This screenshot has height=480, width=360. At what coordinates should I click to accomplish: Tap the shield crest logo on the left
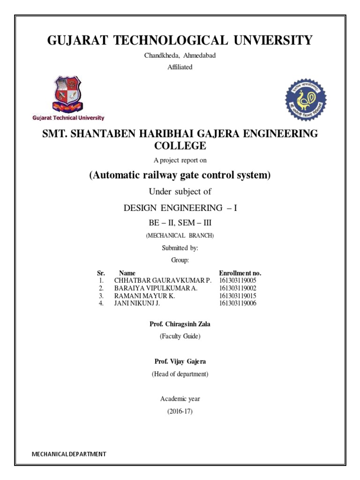coord(68,94)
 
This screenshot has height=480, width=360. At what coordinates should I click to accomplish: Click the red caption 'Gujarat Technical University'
coord(68,118)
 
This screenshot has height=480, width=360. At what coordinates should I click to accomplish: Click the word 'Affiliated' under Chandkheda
coord(180,67)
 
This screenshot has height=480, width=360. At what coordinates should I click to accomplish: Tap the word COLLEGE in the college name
coord(180,146)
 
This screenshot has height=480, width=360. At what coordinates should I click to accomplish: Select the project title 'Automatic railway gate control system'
coord(180,175)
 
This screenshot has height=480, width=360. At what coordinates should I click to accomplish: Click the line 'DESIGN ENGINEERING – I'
coord(180,208)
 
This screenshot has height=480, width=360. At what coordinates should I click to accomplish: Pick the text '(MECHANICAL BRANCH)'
coord(180,235)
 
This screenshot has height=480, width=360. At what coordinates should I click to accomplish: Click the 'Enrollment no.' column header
coord(240,273)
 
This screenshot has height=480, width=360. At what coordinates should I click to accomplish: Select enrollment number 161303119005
coord(238,280)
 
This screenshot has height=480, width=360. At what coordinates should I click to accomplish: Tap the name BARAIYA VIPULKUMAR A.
coord(156,288)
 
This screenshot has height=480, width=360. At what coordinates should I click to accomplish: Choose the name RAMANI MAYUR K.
coord(144,296)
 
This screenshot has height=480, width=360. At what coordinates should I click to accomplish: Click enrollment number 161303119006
coord(238,304)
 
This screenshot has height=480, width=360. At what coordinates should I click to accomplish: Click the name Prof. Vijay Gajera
coord(180,361)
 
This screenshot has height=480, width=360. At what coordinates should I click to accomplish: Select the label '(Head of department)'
coord(180,374)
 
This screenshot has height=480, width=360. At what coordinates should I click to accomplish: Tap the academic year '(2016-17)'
coord(180,412)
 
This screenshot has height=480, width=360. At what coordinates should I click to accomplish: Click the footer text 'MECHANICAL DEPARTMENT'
coord(69,454)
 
